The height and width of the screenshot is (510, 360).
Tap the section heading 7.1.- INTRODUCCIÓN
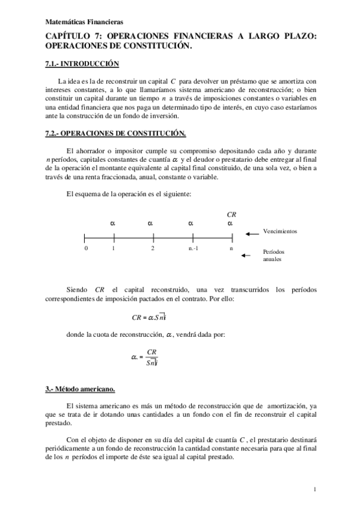pos(82,64)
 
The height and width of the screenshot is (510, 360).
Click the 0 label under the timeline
pos(86,248)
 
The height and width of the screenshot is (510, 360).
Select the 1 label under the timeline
pos(113,248)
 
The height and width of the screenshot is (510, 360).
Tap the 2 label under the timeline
pos(153,248)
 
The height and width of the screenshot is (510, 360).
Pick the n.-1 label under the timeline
pos(194,248)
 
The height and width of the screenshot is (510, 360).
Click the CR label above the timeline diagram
pos(231,214)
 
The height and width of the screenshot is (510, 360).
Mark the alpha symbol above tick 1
pos(113,223)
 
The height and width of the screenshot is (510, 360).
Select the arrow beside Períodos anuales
pos(246,256)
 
